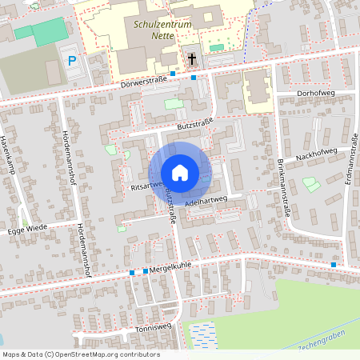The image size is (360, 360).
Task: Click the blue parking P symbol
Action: click(72, 61)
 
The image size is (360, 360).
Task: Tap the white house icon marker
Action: click(180, 173)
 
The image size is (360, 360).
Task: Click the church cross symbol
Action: click(192, 58)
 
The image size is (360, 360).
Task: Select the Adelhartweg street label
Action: click(206, 203)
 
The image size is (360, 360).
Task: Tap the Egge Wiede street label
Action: click(28, 227)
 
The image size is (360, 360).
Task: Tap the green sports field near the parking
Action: click(51, 32)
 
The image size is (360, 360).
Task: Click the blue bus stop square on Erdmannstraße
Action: click(333, 265)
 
